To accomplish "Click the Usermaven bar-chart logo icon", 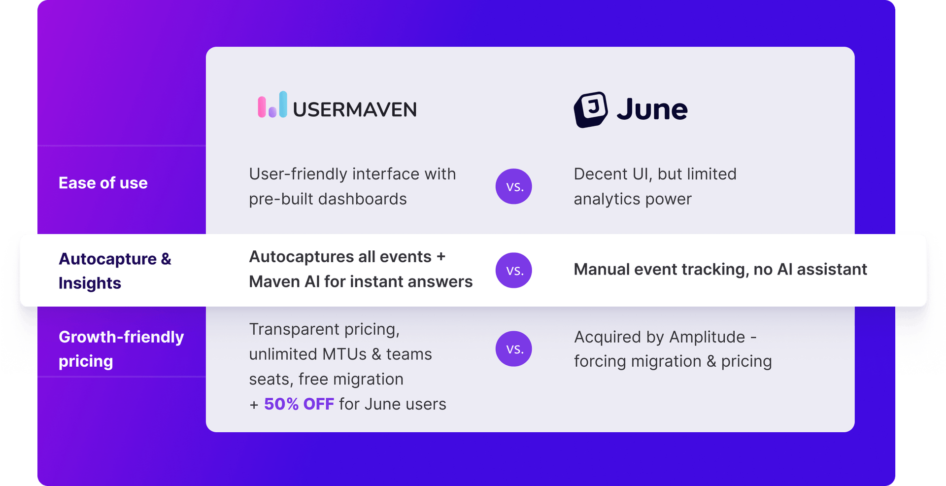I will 272,104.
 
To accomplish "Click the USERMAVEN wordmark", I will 355,109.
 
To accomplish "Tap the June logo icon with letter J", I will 590,109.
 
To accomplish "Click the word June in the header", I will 652,109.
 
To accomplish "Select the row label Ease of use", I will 103,183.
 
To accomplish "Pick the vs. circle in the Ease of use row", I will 513,186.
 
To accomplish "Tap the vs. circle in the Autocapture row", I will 513,270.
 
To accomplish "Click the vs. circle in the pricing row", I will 513,348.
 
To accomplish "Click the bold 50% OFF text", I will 299,404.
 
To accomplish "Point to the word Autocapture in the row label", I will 107,259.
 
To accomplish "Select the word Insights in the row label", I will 90,283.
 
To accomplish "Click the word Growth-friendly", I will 121,337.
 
